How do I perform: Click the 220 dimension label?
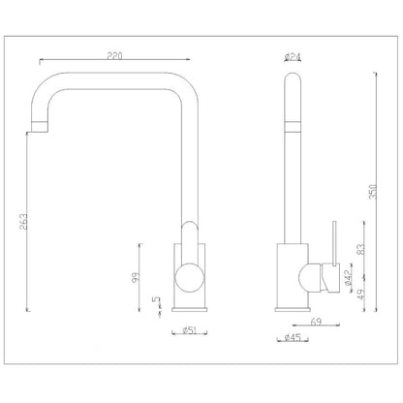coord(115,56)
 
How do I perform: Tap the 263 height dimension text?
coord(23,221)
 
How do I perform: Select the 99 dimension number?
coord(136,277)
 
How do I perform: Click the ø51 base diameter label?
coord(190,330)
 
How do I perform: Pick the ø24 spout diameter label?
coord(293,57)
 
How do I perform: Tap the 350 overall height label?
coord(373,192)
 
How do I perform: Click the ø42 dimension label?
coord(348,278)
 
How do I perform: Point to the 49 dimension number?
coord(361,294)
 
